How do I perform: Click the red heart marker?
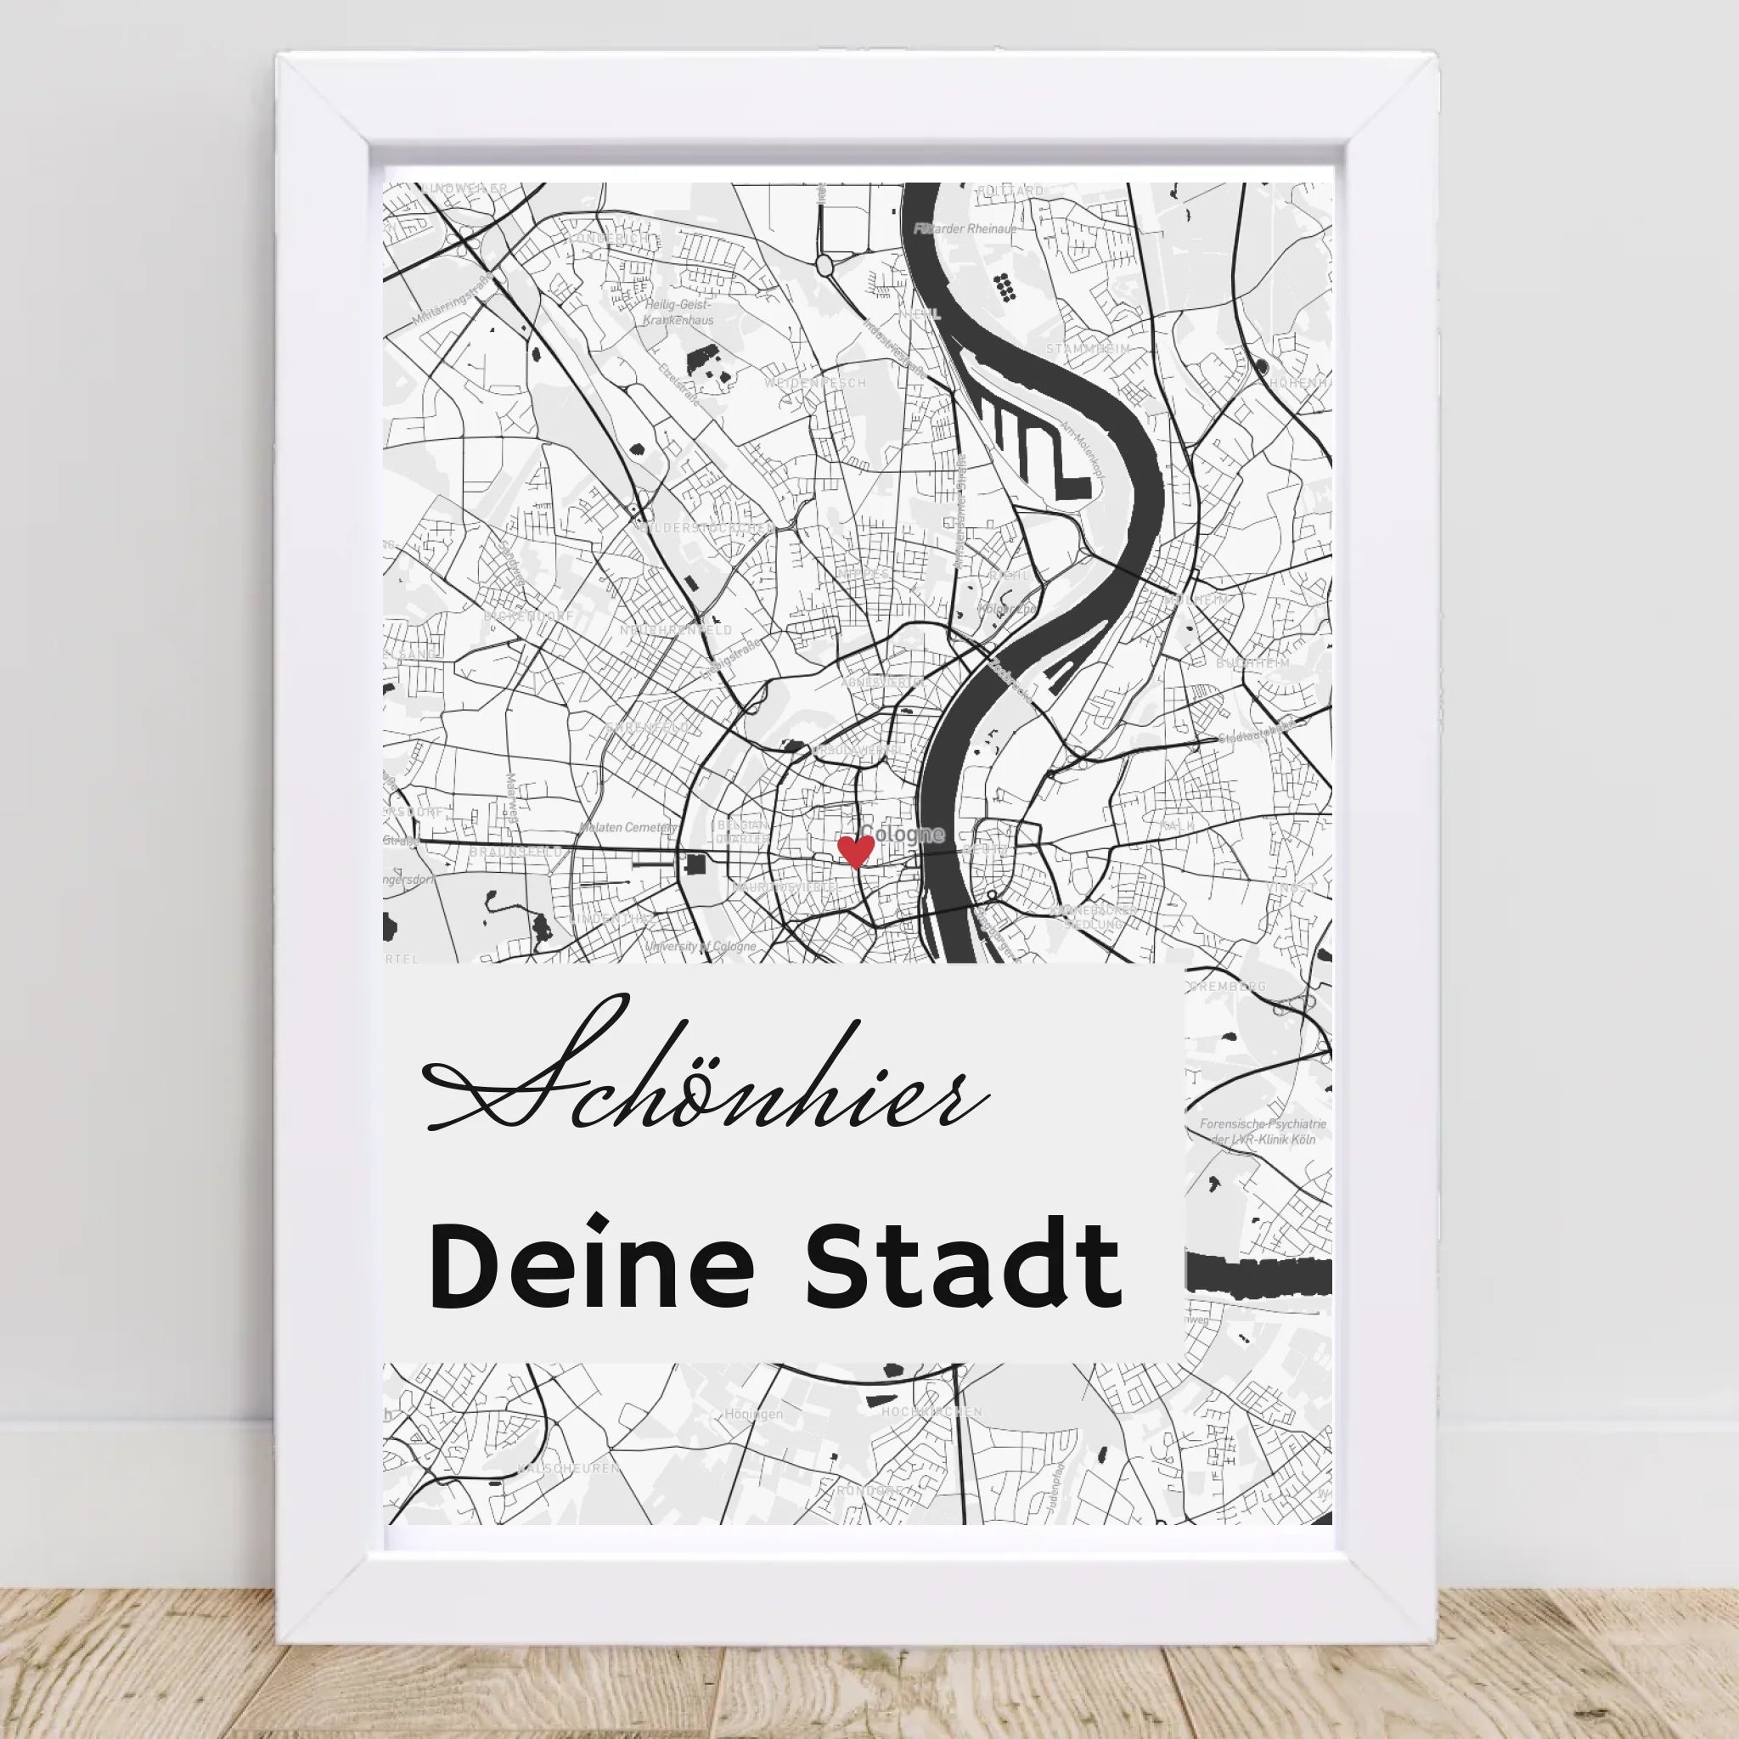click(855, 849)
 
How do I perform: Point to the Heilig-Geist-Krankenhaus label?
click(679, 312)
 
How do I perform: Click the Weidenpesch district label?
click(814, 383)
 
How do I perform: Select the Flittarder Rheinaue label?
click(965, 229)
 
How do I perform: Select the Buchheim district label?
click(1252, 662)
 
